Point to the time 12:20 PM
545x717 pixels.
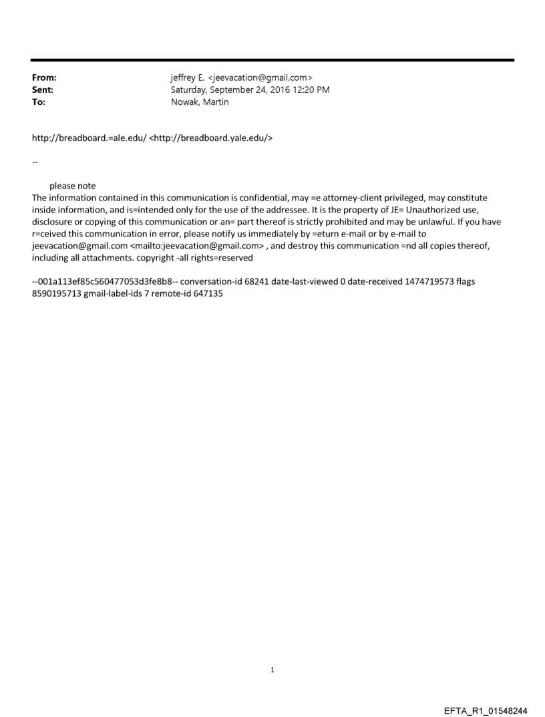[x=310, y=90]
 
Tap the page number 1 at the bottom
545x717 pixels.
[x=272, y=670]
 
